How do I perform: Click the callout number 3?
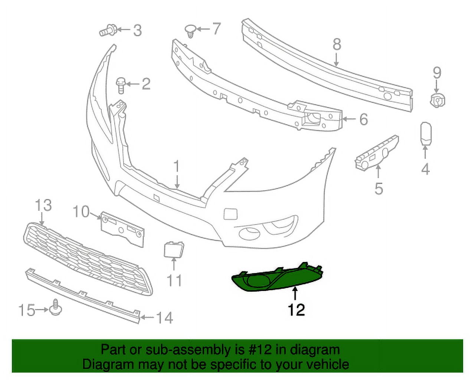[138, 30]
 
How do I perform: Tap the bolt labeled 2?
[120, 85]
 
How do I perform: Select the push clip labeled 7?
[190, 30]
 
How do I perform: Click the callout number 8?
[337, 45]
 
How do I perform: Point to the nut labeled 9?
[438, 100]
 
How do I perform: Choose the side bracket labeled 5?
[376, 153]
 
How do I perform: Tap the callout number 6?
[363, 119]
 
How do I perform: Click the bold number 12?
[296, 309]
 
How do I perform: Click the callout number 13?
[43, 205]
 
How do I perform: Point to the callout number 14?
[164, 318]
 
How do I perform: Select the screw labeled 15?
[55, 306]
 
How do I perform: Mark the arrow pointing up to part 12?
[295, 294]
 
